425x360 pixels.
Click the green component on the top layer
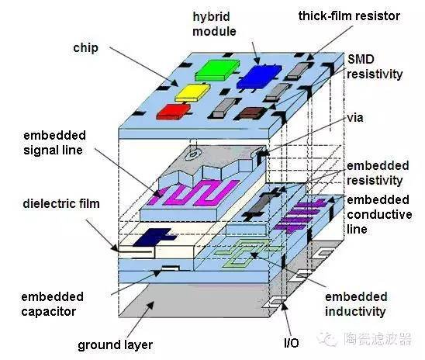coord(217,70)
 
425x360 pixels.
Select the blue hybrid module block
coord(259,77)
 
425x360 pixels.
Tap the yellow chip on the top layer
coord(192,92)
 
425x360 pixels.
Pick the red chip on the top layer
coord(174,112)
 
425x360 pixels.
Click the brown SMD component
coord(251,113)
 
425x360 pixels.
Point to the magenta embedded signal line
coord(194,192)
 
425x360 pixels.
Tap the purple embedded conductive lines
coord(300,215)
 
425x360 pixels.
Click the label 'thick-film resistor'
coord(349,16)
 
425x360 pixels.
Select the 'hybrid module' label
coord(214,24)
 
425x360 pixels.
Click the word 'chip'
coord(85,48)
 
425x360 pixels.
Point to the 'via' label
coord(355,118)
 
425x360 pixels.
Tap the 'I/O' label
coord(292,343)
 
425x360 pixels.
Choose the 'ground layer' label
coord(116,345)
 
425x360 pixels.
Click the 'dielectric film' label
coord(61,204)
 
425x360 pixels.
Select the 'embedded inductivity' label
coord(356,304)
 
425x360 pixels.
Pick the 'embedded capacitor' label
coord(52,304)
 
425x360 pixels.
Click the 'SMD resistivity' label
coord(375,67)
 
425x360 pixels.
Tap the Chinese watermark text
coord(378,338)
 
